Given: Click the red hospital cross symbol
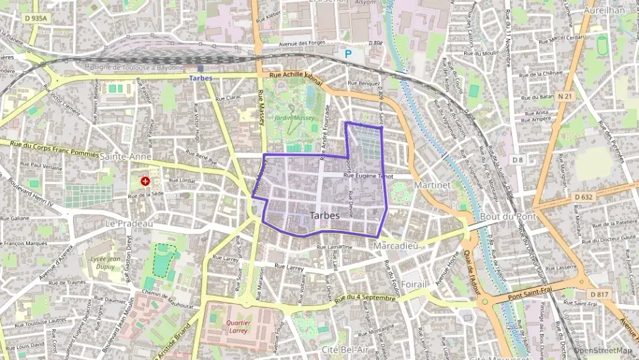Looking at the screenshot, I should point(145,182).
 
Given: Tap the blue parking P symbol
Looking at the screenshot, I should point(348,53).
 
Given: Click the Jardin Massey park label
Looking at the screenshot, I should point(294,117).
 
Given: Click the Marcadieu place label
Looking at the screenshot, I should point(395,245).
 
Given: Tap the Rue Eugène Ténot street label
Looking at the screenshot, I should point(369,176).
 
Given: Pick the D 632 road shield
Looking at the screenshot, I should point(584,197).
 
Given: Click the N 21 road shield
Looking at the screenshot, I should point(565,97).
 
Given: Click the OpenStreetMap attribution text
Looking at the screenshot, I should point(604,351).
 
